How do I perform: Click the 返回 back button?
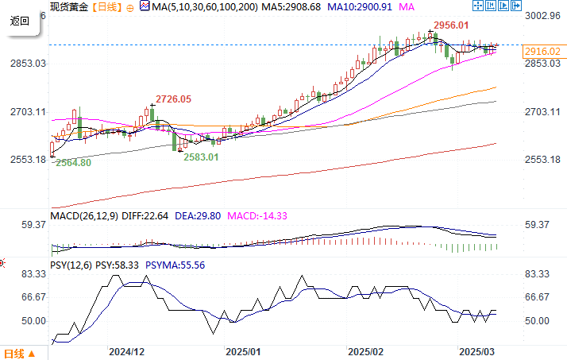click(x=19, y=21)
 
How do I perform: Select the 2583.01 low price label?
click(x=201, y=157)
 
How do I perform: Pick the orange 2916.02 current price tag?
click(x=543, y=52)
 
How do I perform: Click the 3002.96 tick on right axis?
click(x=545, y=16)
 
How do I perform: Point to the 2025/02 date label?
click(x=366, y=350)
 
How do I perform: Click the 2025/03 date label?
click(x=478, y=350)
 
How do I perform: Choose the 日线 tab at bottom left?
click(x=16, y=353)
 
